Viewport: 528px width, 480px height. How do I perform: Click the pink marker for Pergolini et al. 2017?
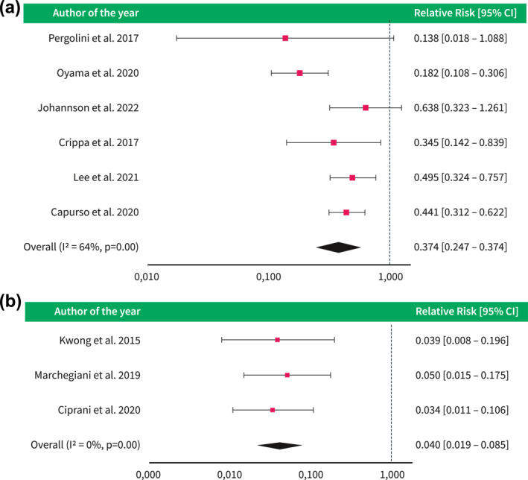[285, 38]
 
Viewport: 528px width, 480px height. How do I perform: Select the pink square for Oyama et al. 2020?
[299, 73]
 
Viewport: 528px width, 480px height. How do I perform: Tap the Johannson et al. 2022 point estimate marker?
[366, 107]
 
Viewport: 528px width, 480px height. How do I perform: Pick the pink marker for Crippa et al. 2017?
[334, 142]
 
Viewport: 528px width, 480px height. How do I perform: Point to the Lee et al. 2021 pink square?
[352, 177]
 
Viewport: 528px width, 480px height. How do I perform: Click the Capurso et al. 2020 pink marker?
[346, 212]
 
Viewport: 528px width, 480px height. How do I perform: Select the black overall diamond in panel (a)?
[338, 247]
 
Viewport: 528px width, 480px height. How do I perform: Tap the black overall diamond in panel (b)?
[279, 445]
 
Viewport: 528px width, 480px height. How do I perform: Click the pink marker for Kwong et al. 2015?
[278, 340]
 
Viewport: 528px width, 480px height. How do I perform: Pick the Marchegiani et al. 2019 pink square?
[287, 375]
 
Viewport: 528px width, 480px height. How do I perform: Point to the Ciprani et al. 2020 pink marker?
[273, 410]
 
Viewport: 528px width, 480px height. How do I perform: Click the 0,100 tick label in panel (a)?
[268, 277]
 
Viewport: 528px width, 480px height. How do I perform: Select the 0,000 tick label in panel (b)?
[148, 475]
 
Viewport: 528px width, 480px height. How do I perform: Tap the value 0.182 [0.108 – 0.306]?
[460, 73]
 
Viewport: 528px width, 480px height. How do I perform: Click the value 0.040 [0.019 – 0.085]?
[462, 445]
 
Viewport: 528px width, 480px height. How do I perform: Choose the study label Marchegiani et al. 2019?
[87, 375]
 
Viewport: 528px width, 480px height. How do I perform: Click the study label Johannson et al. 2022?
[88, 108]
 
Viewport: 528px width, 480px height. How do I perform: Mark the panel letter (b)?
[10, 301]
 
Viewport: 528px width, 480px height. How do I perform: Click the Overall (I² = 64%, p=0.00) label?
[81, 247]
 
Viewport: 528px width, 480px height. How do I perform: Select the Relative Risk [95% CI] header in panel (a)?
[465, 13]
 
